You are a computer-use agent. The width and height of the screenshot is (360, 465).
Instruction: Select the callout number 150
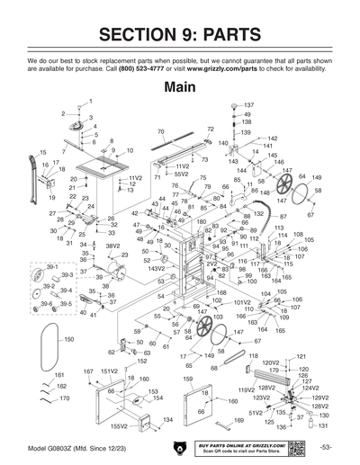(x=67, y=340)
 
